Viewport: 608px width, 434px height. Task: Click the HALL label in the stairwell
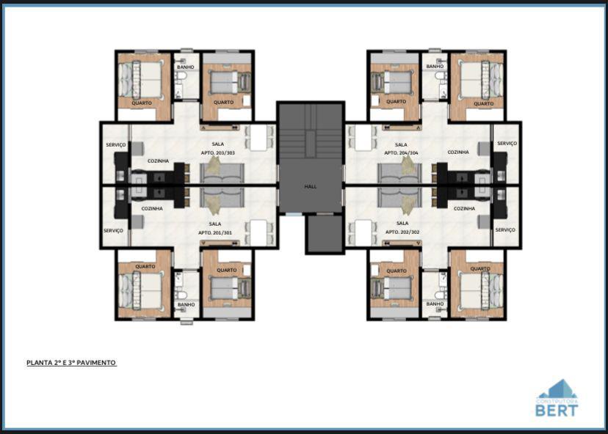[x=311, y=187]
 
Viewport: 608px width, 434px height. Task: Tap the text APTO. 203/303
[x=217, y=152]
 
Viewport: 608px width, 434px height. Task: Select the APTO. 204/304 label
[x=401, y=153]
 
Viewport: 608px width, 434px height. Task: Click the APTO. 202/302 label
[x=402, y=232]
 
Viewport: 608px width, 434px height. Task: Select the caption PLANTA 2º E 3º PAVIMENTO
[x=71, y=362]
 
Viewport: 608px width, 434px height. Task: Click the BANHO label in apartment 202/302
[x=435, y=304]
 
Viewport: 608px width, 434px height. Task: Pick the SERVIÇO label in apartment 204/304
[x=506, y=144]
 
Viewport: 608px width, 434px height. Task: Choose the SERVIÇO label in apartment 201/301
[x=113, y=230]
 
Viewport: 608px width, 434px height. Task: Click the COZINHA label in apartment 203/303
[x=159, y=161]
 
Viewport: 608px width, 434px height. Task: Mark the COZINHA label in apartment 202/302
[x=464, y=208]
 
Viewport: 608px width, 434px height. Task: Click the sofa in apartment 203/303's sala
[x=222, y=173]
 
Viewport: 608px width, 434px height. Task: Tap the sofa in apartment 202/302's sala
[x=400, y=200]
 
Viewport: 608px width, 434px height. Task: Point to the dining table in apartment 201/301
[x=258, y=232]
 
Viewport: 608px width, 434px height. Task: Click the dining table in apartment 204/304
[x=362, y=138]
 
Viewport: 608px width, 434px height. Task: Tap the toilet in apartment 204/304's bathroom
[x=440, y=76]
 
